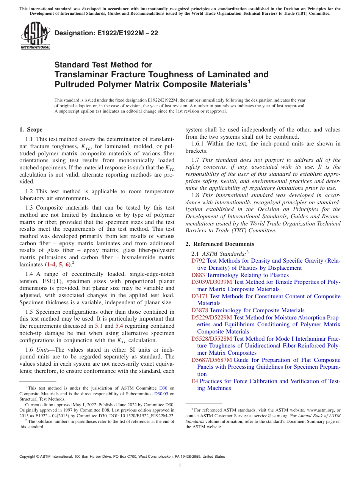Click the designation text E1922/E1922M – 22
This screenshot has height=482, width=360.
106,33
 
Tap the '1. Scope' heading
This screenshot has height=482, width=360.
31,130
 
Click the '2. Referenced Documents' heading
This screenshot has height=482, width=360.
220,244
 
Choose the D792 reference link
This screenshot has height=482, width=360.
198,261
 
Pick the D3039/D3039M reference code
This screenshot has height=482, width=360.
211,282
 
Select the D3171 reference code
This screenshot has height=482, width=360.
200,296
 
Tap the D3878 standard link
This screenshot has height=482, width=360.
200,310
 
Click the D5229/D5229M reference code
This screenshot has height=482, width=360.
211,318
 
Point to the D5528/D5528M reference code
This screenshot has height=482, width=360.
211,339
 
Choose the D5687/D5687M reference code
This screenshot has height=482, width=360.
211,360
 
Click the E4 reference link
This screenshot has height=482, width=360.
195,381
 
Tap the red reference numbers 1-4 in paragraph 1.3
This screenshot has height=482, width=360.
52,264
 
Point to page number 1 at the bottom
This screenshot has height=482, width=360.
180,466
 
